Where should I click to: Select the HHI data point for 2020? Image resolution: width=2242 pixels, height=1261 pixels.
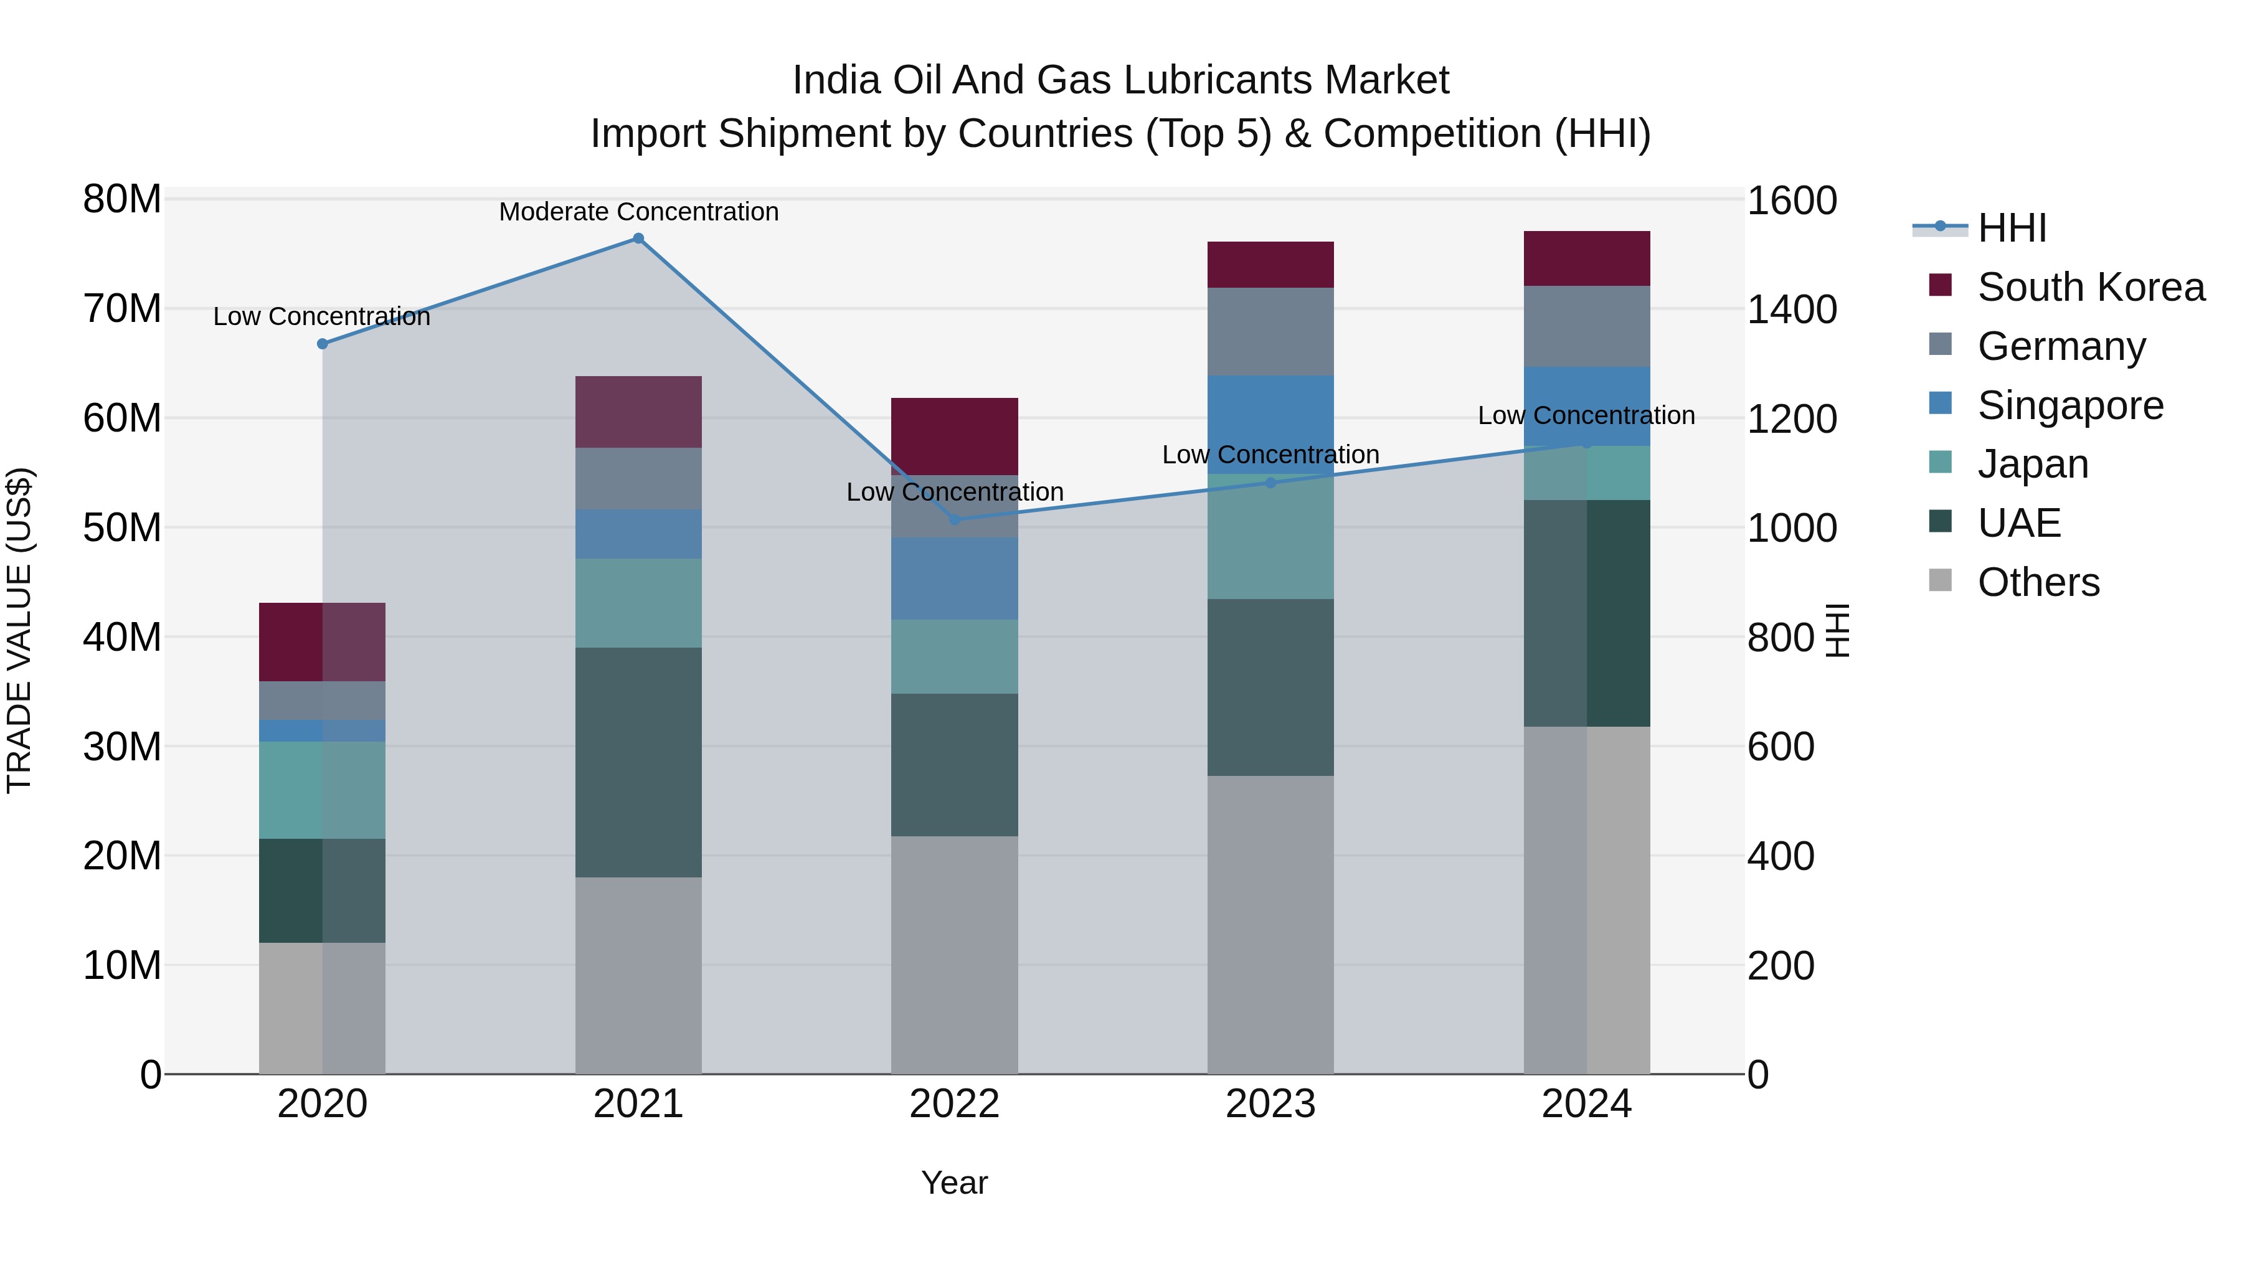click(322, 344)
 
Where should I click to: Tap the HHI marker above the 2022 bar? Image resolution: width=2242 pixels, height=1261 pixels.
click(954, 519)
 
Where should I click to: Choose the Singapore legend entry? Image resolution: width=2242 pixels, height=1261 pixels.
click(2069, 405)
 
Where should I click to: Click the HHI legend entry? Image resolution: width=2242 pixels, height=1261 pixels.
click(2012, 228)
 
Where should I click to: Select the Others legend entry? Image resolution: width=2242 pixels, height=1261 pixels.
click(2038, 582)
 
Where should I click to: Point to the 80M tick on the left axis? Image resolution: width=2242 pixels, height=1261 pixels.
click(122, 199)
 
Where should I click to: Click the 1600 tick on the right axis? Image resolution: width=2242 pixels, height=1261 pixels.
click(1791, 201)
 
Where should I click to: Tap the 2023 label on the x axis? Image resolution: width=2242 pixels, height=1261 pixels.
click(1270, 1104)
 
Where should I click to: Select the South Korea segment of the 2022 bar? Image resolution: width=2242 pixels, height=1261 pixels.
click(954, 436)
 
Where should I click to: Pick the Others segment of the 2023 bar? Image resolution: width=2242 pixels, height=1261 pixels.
click(1270, 924)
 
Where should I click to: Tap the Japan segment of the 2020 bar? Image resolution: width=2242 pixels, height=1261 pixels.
click(322, 790)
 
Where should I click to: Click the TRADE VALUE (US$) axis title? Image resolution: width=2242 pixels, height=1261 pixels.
click(19, 630)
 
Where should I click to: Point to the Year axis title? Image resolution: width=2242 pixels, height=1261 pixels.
click(954, 1183)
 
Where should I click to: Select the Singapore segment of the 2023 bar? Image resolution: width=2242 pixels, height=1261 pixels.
click(1270, 424)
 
